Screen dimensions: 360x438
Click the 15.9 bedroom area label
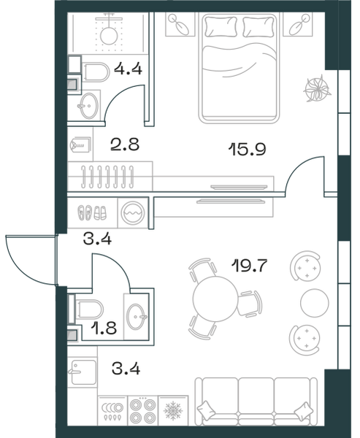click(247, 149)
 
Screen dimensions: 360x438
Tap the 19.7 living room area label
click(249, 266)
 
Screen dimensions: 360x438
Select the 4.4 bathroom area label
click(128, 69)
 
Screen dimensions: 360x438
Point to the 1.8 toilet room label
click(104, 328)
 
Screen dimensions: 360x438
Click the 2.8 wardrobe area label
click(125, 145)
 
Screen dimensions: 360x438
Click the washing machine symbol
click(133, 213)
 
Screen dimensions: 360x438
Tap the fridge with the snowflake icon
click(173, 410)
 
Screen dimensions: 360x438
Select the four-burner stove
click(143, 410)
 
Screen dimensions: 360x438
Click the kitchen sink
click(83, 372)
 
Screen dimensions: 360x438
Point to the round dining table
click(215, 299)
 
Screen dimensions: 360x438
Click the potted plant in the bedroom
click(317, 88)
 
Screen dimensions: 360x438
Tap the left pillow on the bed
click(221, 27)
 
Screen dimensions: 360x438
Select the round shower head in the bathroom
click(109, 36)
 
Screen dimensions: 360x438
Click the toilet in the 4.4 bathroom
click(96, 72)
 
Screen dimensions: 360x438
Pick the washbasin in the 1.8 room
click(137, 317)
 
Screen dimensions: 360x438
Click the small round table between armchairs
click(315, 303)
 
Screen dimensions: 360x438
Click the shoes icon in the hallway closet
click(92, 213)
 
